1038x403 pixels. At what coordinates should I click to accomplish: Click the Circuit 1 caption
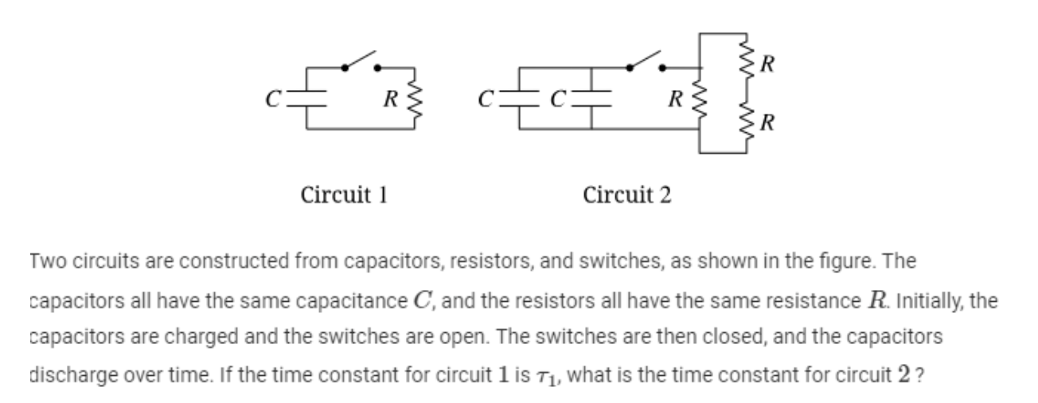344,194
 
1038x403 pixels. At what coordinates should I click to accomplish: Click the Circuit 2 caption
626,194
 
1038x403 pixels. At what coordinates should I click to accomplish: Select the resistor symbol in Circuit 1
411,99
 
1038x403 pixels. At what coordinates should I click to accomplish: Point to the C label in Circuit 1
273,100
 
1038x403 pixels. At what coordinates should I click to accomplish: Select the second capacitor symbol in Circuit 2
591,99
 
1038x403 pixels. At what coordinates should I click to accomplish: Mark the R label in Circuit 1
389,100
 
